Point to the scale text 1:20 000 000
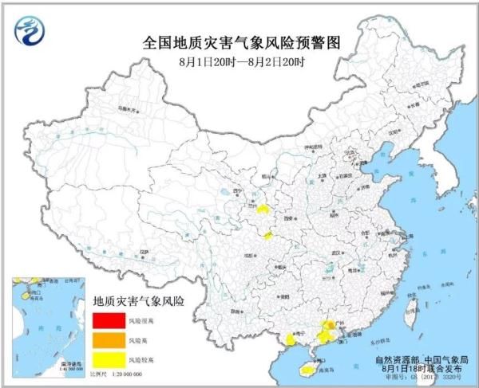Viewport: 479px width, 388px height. click(128, 373)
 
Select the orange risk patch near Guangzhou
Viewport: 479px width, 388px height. click(329, 326)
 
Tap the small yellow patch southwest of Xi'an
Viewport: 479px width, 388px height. click(269, 235)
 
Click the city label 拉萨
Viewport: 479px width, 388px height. click(144, 252)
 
